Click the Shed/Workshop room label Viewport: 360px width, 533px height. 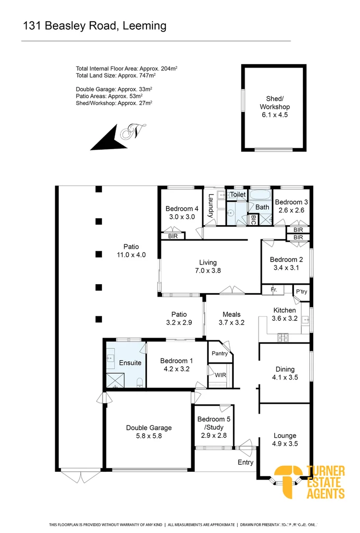pyautogui.click(x=275, y=107)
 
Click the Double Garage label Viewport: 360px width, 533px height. pyautogui.click(x=148, y=428)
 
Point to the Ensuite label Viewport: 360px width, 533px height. pyautogui.click(x=130, y=363)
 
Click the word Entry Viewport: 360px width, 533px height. pyautogui.click(x=245, y=462)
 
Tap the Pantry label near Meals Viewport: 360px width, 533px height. pyautogui.click(x=219, y=353)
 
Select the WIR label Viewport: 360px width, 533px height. pyautogui.click(x=220, y=376)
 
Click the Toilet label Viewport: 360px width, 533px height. pyautogui.click(x=238, y=195)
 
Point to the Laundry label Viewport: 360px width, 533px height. pyautogui.click(x=211, y=206)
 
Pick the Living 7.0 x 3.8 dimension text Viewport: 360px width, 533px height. pyautogui.click(x=208, y=270)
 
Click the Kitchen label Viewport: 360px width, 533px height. pyautogui.click(x=285, y=310)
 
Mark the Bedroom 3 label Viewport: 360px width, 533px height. pyautogui.click(x=291, y=202)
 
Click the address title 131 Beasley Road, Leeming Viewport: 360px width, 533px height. pyautogui.click(x=95, y=26)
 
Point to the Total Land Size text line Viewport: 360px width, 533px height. pyautogui.click(x=116, y=76)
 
